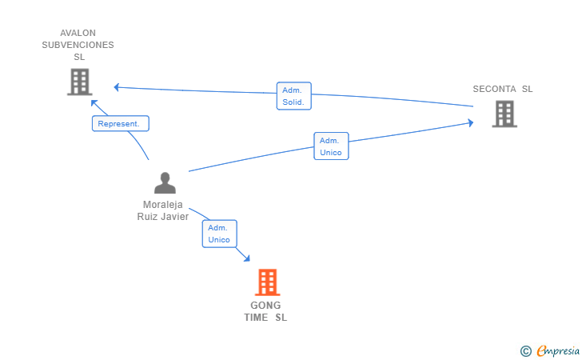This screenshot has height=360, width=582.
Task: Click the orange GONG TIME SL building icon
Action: pyautogui.click(x=267, y=282)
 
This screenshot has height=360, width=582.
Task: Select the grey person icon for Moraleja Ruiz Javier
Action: pyautogui.click(x=165, y=182)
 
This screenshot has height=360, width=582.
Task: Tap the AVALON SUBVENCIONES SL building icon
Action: pyautogui.click(x=80, y=82)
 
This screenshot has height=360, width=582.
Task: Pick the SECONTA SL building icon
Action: pyautogui.click(x=504, y=114)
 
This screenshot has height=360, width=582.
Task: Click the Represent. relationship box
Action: pyautogui.click(x=121, y=123)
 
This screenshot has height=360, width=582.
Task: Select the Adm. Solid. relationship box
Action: pyautogui.click(x=294, y=96)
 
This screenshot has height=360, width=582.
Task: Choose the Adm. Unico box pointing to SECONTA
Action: pyautogui.click(x=331, y=146)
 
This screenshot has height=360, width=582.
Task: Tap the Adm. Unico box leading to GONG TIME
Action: pyautogui.click(x=219, y=234)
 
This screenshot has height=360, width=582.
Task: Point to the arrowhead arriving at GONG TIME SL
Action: pyautogui.click(x=247, y=258)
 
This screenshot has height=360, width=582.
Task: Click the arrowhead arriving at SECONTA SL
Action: pyautogui.click(x=471, y=122)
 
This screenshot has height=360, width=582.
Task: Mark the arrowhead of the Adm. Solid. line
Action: pyautogui.click(x=116, y=87)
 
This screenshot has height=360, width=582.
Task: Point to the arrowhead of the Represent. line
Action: pyautogui.click(x=94, y=103)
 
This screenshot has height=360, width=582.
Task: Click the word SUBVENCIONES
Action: pyautogui.click(x=78, y=45)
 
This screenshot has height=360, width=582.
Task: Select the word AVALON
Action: pyautogui.click(x=78, y=33)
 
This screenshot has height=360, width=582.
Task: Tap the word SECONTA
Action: pyautogui.click(x=494, y=89)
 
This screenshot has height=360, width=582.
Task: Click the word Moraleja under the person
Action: pyautogui.click(x=162, y=205)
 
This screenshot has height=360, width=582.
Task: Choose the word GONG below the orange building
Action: pyautogui.click(x=265, y=306)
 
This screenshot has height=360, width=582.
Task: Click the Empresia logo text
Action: pyautogui.click(x=558, y=351)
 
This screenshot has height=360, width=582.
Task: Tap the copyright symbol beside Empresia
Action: pyautogui.click(x=526, y=351)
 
